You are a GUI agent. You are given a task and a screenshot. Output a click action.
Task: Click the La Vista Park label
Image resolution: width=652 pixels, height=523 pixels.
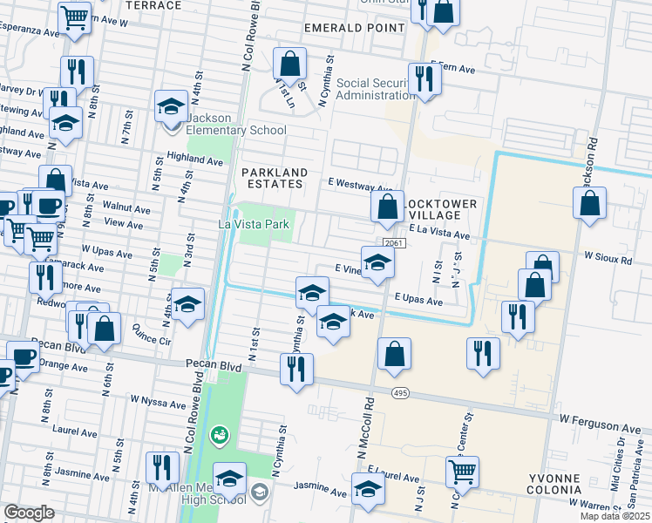(253, 225)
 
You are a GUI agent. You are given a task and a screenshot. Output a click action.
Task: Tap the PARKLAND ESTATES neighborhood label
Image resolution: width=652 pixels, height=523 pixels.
(273, 178)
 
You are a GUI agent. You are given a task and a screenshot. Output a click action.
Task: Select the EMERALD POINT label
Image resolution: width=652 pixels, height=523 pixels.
(355, 28)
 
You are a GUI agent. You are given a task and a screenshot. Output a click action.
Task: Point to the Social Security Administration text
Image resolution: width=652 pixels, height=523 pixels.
(372, 89)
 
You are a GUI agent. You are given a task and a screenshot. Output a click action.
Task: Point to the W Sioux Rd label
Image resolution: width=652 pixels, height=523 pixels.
(608, 258)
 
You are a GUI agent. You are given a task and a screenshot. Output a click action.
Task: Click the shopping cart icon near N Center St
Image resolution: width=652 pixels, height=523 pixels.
(463, 472)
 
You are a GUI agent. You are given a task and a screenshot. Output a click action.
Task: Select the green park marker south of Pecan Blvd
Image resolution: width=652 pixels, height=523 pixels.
(219, 432)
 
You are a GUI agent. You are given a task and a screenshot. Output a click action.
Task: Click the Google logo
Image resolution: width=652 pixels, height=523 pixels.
(29, 513)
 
